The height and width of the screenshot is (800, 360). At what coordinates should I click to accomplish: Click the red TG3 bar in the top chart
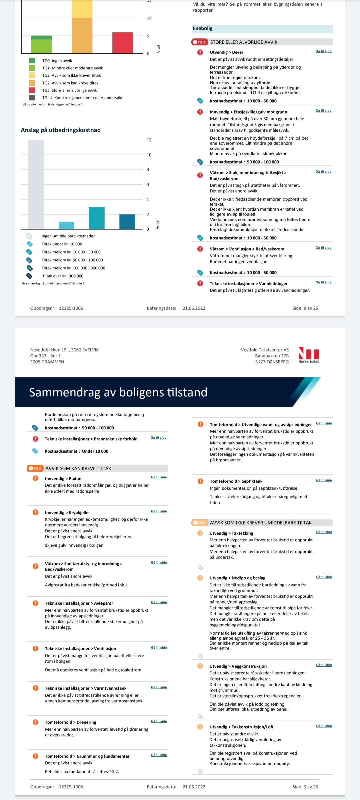[x=123, y=43]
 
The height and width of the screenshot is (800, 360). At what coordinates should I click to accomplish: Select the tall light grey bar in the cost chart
[x=36, y=184]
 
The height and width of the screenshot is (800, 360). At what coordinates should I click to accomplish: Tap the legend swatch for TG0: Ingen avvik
[x=32, y=61]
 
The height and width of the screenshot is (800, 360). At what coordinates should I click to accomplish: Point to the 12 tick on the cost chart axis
[x=149, y=140]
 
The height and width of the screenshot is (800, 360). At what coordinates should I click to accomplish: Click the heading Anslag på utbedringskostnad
[x=61, y=130]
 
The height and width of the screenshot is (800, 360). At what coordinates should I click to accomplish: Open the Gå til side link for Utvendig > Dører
[x=323, y=51]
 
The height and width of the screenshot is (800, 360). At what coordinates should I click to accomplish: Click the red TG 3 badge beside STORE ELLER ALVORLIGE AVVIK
[x=200, y=42]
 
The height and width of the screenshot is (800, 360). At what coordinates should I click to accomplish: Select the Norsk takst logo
[x=308, y=355]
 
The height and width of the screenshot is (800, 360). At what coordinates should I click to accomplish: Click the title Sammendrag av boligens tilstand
[x=118, y=392]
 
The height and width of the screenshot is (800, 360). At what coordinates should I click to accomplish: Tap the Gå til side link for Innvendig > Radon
[x=159, y=477]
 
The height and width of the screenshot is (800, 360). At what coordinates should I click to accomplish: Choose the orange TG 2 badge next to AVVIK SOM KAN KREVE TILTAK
[x=35, y=468]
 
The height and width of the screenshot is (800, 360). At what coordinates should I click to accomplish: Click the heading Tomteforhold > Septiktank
[x=236, y=481]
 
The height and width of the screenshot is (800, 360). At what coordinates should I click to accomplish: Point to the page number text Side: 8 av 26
[x=305, y=308]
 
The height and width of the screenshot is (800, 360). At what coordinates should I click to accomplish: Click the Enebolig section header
[x=262, y=29]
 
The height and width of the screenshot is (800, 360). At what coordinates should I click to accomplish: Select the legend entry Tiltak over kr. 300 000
[x=63, y=276]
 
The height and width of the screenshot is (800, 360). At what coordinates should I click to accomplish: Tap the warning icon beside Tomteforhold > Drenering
[x=35, y=722]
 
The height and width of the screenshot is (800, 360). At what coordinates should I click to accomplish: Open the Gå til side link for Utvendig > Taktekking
[x=324, y=532]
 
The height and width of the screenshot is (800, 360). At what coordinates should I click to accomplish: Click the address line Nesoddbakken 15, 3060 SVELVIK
[x=64, y=350]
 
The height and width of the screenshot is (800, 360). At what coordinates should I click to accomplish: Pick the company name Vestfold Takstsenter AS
[x=265, y=350]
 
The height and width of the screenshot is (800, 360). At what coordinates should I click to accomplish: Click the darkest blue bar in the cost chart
[x=127, y=222]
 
